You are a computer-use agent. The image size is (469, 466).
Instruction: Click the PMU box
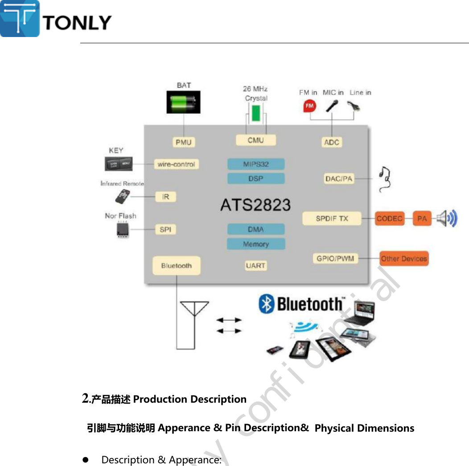tap(183, 142)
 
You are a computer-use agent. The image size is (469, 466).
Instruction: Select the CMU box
tap(255, 140)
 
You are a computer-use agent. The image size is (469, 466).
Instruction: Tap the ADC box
tap(331, 142)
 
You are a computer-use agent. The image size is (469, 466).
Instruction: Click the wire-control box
tap(176, 164)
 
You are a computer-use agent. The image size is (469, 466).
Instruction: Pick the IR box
tap(165, 197)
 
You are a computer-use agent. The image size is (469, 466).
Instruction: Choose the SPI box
tap(165, 230)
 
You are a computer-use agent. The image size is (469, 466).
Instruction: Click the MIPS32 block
tap(256, 164)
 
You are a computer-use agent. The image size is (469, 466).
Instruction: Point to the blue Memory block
tap(256, 244)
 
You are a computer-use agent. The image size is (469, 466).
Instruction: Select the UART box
tap(255, 265)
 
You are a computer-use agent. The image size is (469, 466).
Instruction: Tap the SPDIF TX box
tap(332, 219)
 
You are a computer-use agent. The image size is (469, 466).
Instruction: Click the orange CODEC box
tap(389, 219)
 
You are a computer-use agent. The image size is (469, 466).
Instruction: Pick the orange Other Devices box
tap(404, 259)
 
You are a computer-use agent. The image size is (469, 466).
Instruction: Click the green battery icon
tap(183, 103)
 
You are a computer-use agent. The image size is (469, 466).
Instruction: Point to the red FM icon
tap(309, 106)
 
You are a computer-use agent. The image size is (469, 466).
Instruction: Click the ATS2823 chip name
tap(255, 205)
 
